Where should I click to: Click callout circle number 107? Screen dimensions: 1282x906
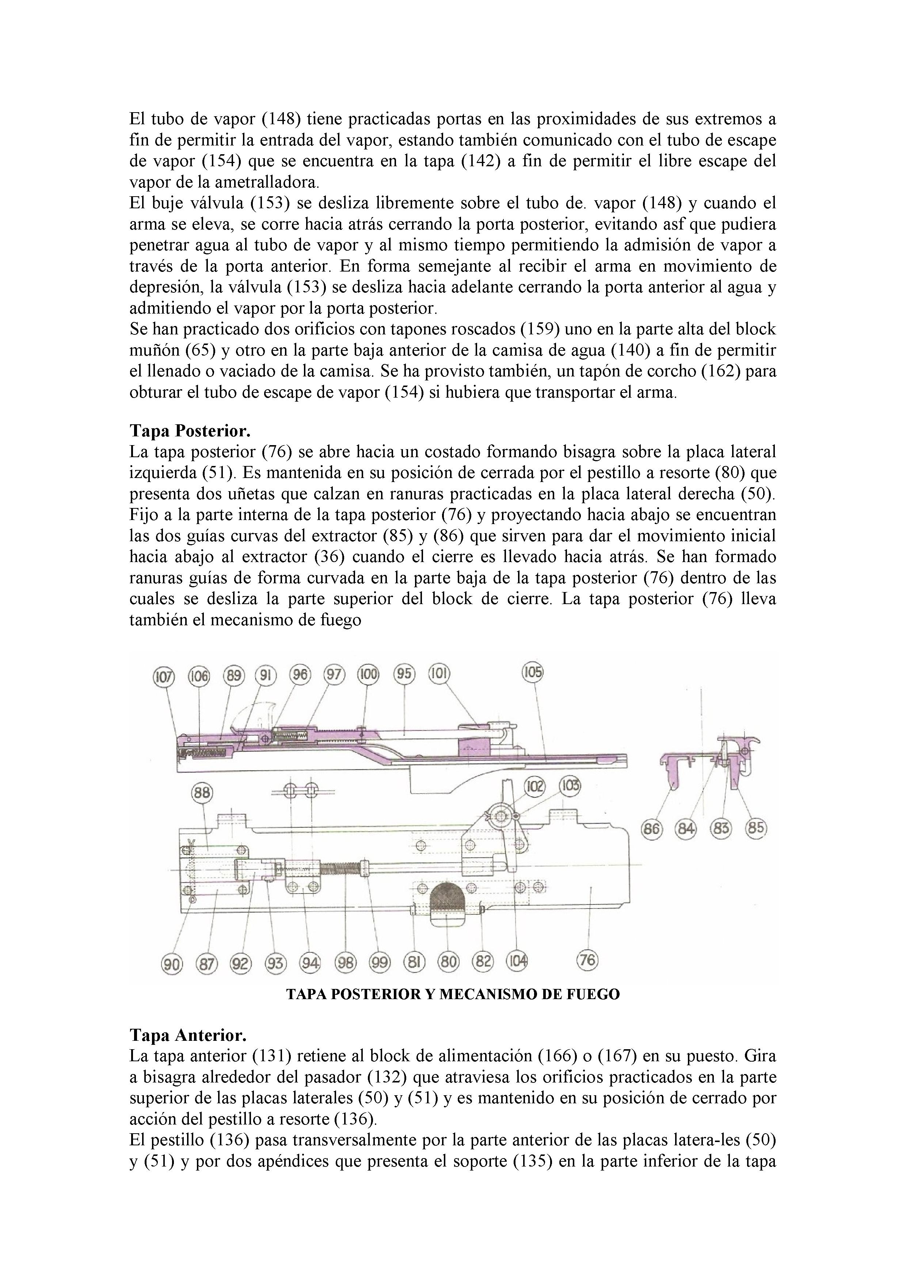(x=164, y=677)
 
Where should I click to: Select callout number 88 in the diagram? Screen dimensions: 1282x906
(x=202, y=793)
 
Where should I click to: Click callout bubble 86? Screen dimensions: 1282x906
(x=651, y=828)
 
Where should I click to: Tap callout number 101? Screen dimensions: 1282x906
(x=439, y=674)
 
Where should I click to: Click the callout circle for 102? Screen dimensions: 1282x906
(x=534, y=786)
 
